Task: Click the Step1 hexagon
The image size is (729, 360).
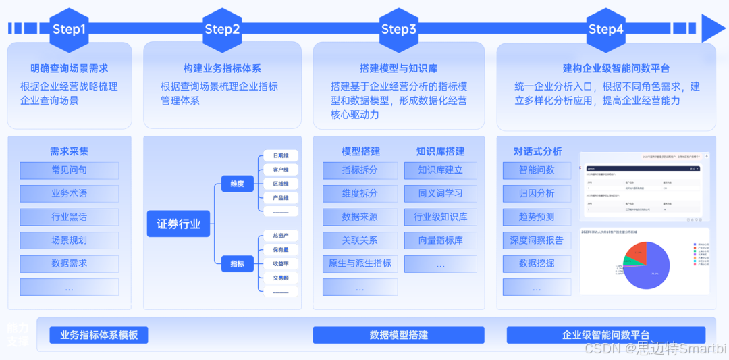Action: coord(70,29)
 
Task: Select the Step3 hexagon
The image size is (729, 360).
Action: coord(399,29)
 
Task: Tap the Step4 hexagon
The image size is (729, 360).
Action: coord(606,29)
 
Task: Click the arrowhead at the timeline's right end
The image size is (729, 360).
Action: coord(713,28)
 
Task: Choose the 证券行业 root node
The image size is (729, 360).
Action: coord(179,224)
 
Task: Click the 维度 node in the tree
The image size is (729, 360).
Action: coord(237,183)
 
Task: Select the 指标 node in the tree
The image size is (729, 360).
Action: coord(237,263)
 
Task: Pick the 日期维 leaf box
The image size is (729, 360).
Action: coord(280,155)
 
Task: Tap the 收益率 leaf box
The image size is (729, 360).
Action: coord(280,263)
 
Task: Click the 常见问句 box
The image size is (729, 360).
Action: coord(70,170)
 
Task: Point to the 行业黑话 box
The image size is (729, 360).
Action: coord(70,217)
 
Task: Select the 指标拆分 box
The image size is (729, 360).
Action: coord(360,170)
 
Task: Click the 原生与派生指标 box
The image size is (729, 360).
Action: coord(360,263)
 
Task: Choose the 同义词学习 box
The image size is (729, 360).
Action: coord(441,193)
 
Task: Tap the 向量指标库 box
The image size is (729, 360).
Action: coord(441,240)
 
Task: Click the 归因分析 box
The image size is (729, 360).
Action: coord(537,193)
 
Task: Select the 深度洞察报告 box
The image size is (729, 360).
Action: coord(537,240)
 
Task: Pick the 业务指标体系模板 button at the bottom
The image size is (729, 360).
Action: coord(99,335)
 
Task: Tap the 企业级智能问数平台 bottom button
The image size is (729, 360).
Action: coord(606,335)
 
